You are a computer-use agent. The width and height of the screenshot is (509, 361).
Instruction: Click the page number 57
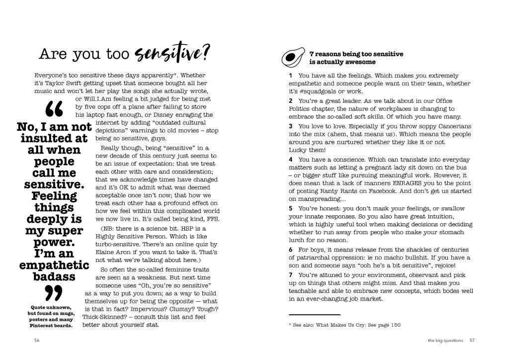472,341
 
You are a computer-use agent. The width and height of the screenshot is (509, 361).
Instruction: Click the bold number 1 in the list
290,75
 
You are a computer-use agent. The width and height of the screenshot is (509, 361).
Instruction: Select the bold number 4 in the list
290,160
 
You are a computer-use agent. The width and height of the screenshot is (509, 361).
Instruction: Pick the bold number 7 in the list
290,275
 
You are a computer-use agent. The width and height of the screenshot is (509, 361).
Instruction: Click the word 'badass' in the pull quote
54,276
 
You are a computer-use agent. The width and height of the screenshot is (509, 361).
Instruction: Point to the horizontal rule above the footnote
314,315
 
